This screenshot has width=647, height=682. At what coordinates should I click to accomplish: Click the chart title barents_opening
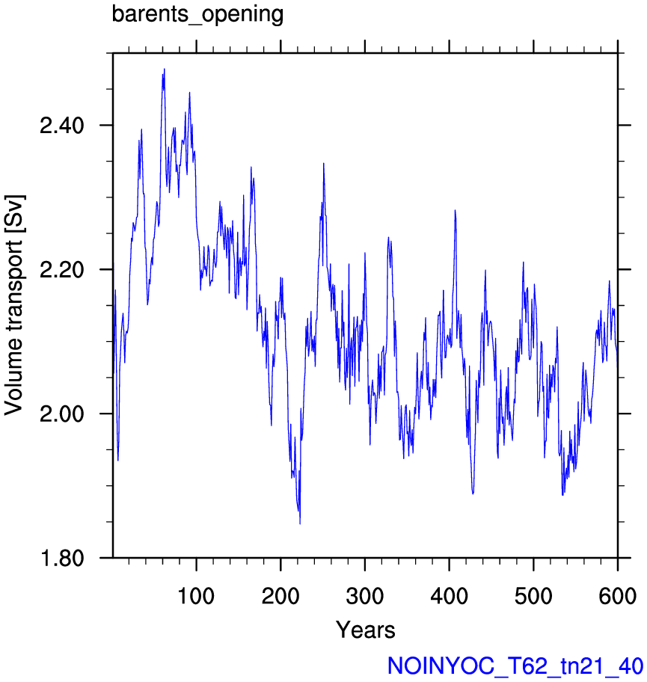[x=197, y=14]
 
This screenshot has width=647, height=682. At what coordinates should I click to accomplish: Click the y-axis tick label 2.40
[x=62, y=126]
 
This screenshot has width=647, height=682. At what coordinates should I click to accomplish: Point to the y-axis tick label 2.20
[x=62, y=270]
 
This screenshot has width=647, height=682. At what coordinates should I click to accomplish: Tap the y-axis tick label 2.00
[x=62, y=414]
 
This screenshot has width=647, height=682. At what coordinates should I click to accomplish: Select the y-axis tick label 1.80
[x=62, y=558]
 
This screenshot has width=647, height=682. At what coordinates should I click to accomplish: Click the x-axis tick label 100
[x=196, y=596]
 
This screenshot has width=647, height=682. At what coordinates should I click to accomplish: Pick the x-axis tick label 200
[x=280, y=596]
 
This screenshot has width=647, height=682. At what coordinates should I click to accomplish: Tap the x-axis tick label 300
[x=364, y=596]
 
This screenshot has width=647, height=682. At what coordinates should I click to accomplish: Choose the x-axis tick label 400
[x=449, y=596]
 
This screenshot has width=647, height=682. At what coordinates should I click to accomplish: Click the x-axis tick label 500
[x=533, y=596]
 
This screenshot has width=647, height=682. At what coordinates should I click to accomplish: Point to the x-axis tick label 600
[x=617, y=596]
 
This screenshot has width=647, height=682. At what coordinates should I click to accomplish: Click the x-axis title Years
[x=366, y=630]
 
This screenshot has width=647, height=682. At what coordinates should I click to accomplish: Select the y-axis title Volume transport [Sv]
[x=14, y=305]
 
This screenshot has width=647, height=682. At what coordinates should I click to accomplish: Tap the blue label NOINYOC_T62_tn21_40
[x=515, y=666]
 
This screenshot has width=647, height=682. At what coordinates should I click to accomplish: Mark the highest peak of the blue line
[x=164, y=69]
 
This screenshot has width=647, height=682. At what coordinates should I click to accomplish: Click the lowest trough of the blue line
[x=300, y=523]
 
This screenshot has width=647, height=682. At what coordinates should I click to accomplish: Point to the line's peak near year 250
[x=324, y=164]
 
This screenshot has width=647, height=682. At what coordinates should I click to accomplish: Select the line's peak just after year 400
[x=455, y=210]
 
